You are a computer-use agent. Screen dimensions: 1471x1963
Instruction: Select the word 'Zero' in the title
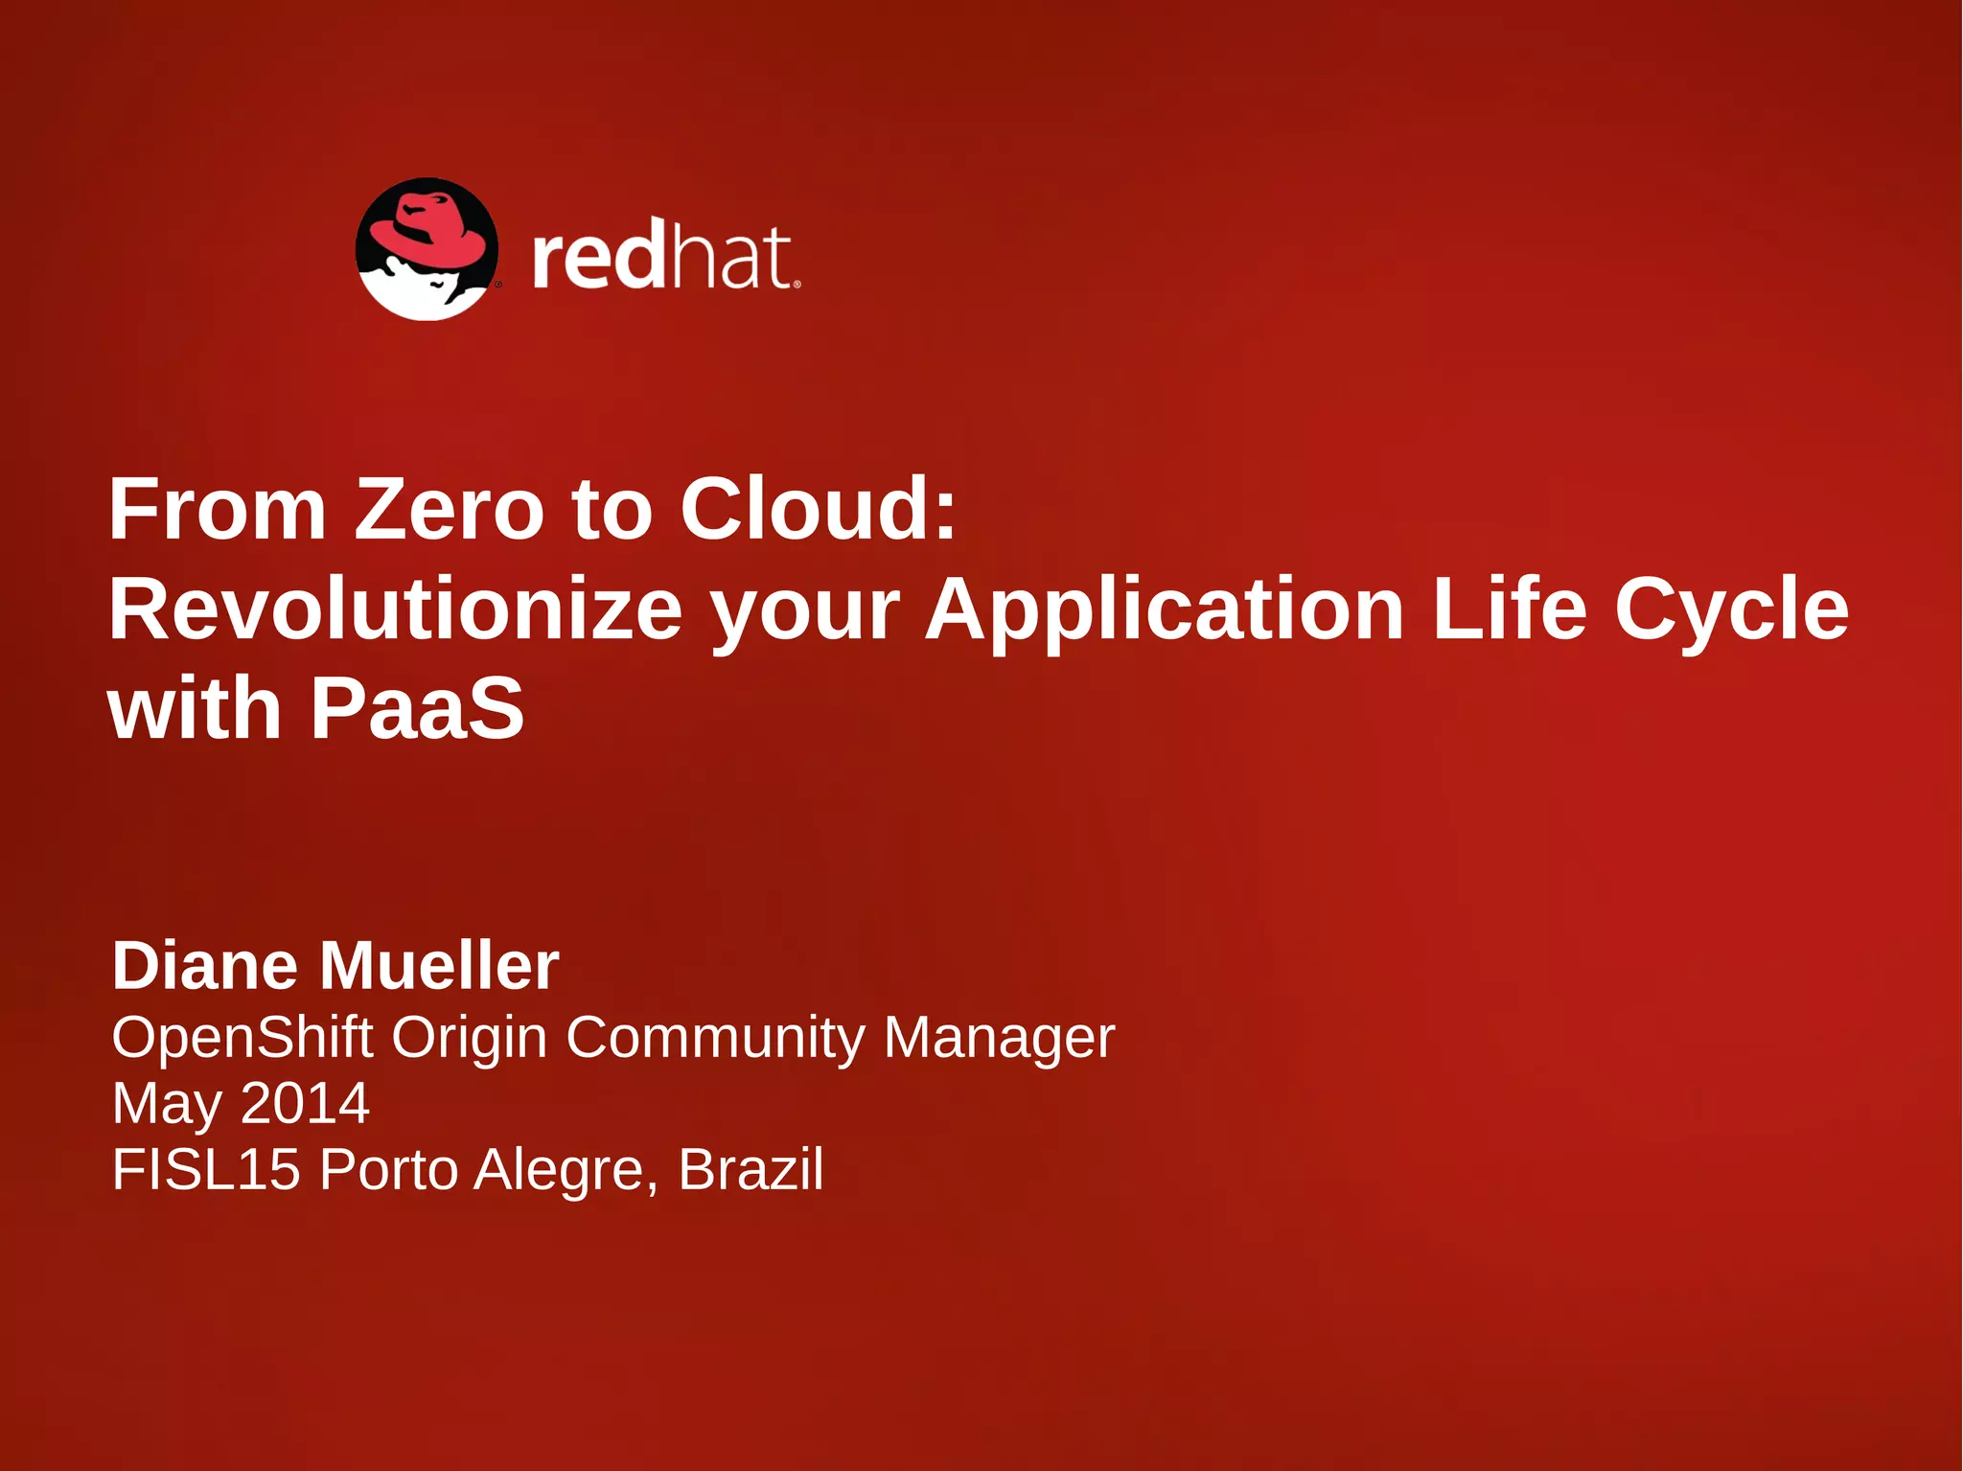pyautogui.click(x=450, y=510)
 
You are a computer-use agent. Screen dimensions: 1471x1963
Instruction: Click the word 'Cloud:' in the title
pyautogui.click(x=819, y=510)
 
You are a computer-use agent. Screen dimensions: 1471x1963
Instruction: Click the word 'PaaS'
pyautogui.click(x=417, y=708)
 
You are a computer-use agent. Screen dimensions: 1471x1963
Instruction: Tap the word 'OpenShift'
pyautogui.click(x=242, y=1038)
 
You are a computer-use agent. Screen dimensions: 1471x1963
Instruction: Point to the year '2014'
pyautogui.click(x=305, y=1103)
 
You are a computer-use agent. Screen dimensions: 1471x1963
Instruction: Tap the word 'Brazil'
pyautogui.click(x=751, y=1169)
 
